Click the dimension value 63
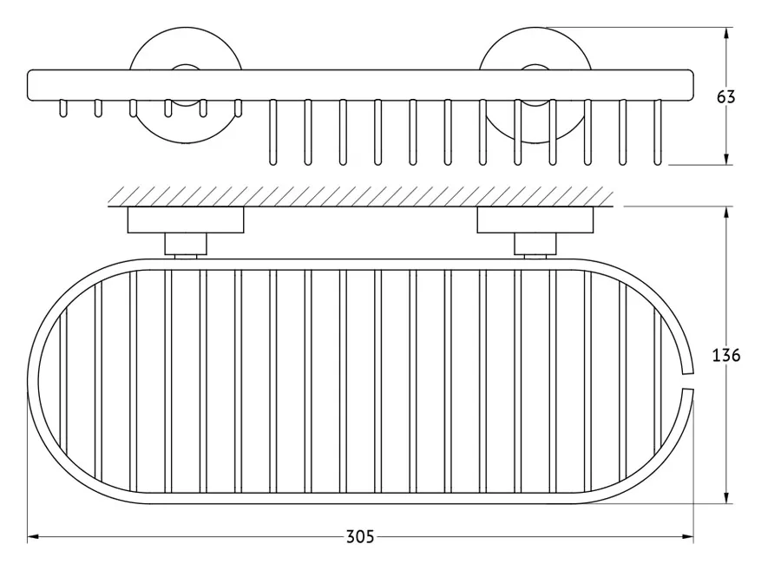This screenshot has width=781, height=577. [x=725, y=96]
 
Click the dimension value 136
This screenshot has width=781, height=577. [x=725, y=356]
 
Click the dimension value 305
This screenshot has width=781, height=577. [x=360, y=537]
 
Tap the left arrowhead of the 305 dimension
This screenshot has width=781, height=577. [x=33, y=537]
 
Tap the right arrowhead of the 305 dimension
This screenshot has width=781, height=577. [x=687, y=537]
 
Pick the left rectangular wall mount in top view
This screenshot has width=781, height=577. [x=186, y=220]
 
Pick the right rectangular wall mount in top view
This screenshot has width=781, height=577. [x=535, y=220]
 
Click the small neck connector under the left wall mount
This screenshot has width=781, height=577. [x=186, y=244]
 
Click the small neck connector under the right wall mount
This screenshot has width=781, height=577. [x=535, y=244]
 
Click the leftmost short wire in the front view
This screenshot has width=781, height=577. [x=62, y=108]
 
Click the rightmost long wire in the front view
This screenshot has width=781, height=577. [x=658, y=132]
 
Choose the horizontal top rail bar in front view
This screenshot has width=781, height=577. [x=360, y=85]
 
